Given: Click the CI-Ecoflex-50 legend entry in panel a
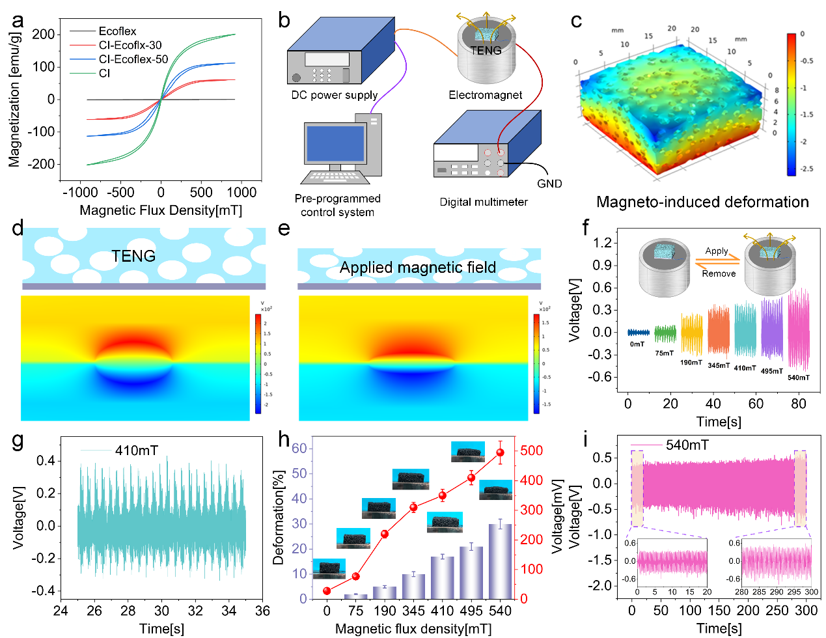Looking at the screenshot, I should point(133,59).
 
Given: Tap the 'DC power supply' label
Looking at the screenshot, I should point(335,95).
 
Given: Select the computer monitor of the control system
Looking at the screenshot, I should point(335,144).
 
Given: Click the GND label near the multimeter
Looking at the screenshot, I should point(549,184).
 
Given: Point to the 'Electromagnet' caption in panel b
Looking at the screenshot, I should point(485,95).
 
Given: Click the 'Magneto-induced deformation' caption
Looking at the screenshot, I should point(702,202).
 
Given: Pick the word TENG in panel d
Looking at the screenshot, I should point(133,256).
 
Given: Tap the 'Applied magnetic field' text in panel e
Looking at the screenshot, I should point(418,268).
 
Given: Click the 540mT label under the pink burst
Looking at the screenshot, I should point(799,378).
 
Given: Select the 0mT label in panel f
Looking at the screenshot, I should point(637,344).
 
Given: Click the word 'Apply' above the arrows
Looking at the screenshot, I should point(717,251).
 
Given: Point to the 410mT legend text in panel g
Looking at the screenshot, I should point(136,451).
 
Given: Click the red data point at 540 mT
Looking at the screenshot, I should point(500,452).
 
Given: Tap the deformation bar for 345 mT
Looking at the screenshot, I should point(413,586).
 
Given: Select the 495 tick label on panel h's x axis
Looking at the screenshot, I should point(471,611).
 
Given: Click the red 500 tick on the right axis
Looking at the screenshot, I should point(531,451).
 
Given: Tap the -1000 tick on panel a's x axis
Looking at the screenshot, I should point(81,193).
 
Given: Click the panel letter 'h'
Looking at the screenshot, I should point(284,439).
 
